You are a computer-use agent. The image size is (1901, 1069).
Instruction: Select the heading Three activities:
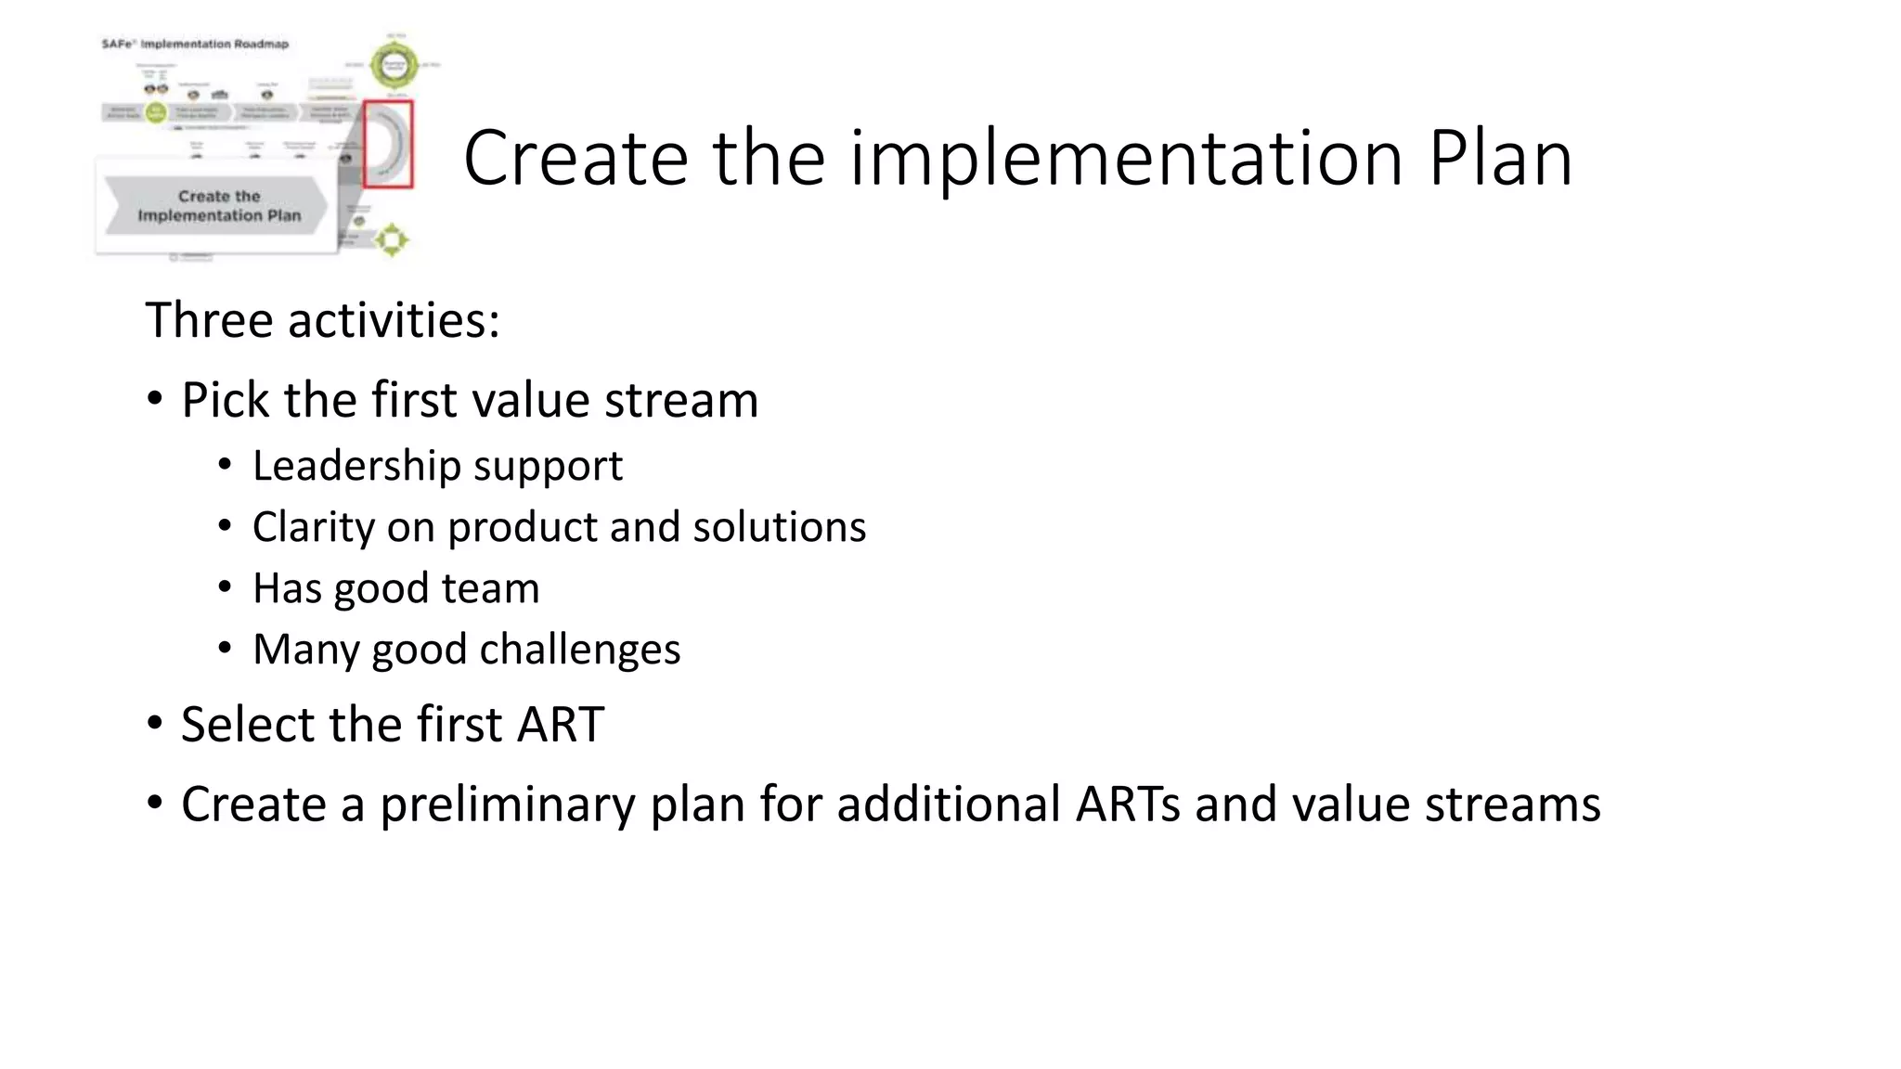tap(322, 320)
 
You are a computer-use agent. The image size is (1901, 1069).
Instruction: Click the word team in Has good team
tap(498, 588)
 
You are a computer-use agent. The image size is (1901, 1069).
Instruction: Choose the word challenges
tap(579, 650)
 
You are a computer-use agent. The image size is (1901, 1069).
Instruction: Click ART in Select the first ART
tap(561, 725)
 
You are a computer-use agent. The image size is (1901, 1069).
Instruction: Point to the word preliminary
tap(507, 805)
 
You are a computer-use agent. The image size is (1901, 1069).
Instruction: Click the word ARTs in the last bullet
tap(1128, 805)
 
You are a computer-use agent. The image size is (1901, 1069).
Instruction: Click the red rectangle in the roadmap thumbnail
tap(388, 144)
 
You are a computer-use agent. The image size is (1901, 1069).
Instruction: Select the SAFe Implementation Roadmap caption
tap(195, 44)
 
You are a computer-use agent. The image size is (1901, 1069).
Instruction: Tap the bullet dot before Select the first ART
tap(155, 724)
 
